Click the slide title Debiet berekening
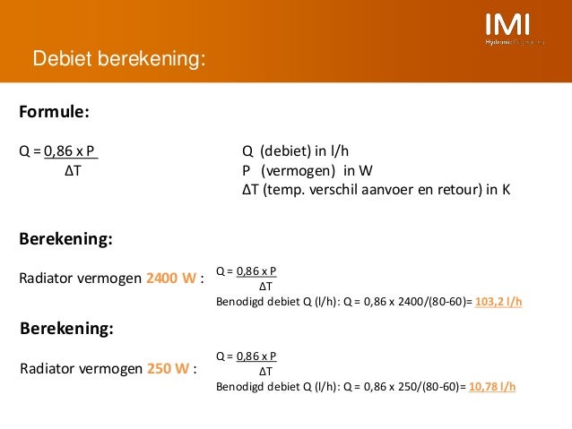tap(119, 60)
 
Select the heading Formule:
tap(54, 112)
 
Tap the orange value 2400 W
tap(171, 278)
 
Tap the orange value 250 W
tap(168, 367)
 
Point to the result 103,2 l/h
tap(498, 302)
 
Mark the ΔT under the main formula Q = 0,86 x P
tap(73, 170)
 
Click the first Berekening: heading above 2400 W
tap(65, 240)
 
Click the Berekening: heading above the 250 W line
tap(66, 329)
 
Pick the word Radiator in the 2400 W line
tap(48, 278)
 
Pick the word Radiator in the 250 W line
tap(48, 367)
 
